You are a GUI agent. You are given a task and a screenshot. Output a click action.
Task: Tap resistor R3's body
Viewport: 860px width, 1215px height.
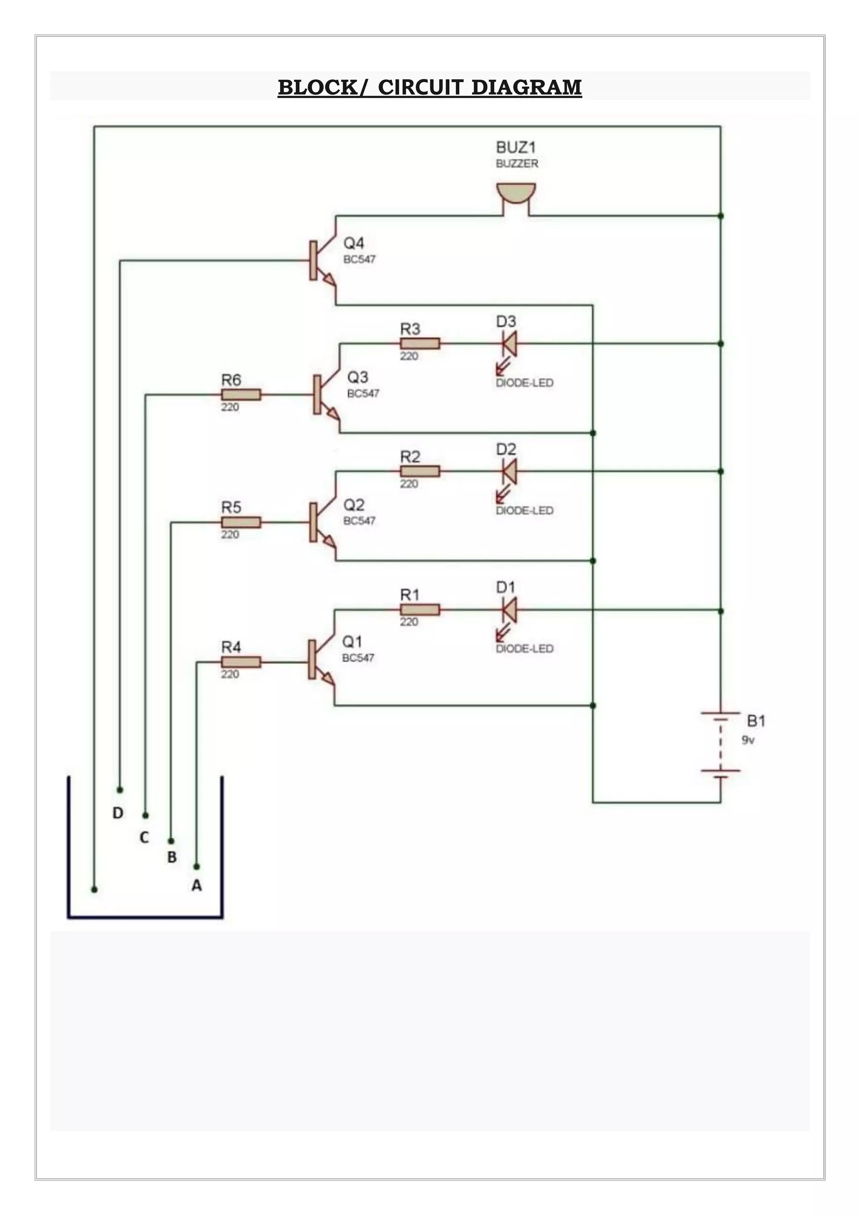[420, 344]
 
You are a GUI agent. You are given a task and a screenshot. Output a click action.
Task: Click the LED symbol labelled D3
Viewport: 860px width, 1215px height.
[509, 344]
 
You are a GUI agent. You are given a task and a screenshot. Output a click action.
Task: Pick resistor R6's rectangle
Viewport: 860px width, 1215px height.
[241, 394]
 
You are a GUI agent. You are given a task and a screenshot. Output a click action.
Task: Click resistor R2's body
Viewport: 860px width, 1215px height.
[420, 471]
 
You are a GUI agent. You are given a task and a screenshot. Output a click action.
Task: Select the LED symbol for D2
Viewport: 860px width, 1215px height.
[509, 471]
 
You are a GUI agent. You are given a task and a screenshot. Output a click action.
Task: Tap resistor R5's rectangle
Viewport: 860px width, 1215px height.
[241, 522]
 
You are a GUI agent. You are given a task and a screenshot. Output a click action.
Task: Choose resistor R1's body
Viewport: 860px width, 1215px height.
[420, 610]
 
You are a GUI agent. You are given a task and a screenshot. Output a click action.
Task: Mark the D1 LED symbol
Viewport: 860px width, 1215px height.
[509, 610]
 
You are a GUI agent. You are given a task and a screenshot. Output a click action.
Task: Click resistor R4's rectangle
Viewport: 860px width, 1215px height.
[241, 662]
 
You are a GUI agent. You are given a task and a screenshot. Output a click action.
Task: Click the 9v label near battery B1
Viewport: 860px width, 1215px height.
[748, 740]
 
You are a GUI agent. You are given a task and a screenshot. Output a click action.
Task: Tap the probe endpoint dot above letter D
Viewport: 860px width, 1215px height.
[120, 790]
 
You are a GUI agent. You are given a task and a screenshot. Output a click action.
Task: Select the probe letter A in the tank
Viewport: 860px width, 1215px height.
[197, 885]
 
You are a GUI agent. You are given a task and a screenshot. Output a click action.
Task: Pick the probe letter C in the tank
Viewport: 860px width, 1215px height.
[144, 837]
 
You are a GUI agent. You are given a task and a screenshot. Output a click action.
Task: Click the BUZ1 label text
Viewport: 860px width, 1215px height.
[515, 147]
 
